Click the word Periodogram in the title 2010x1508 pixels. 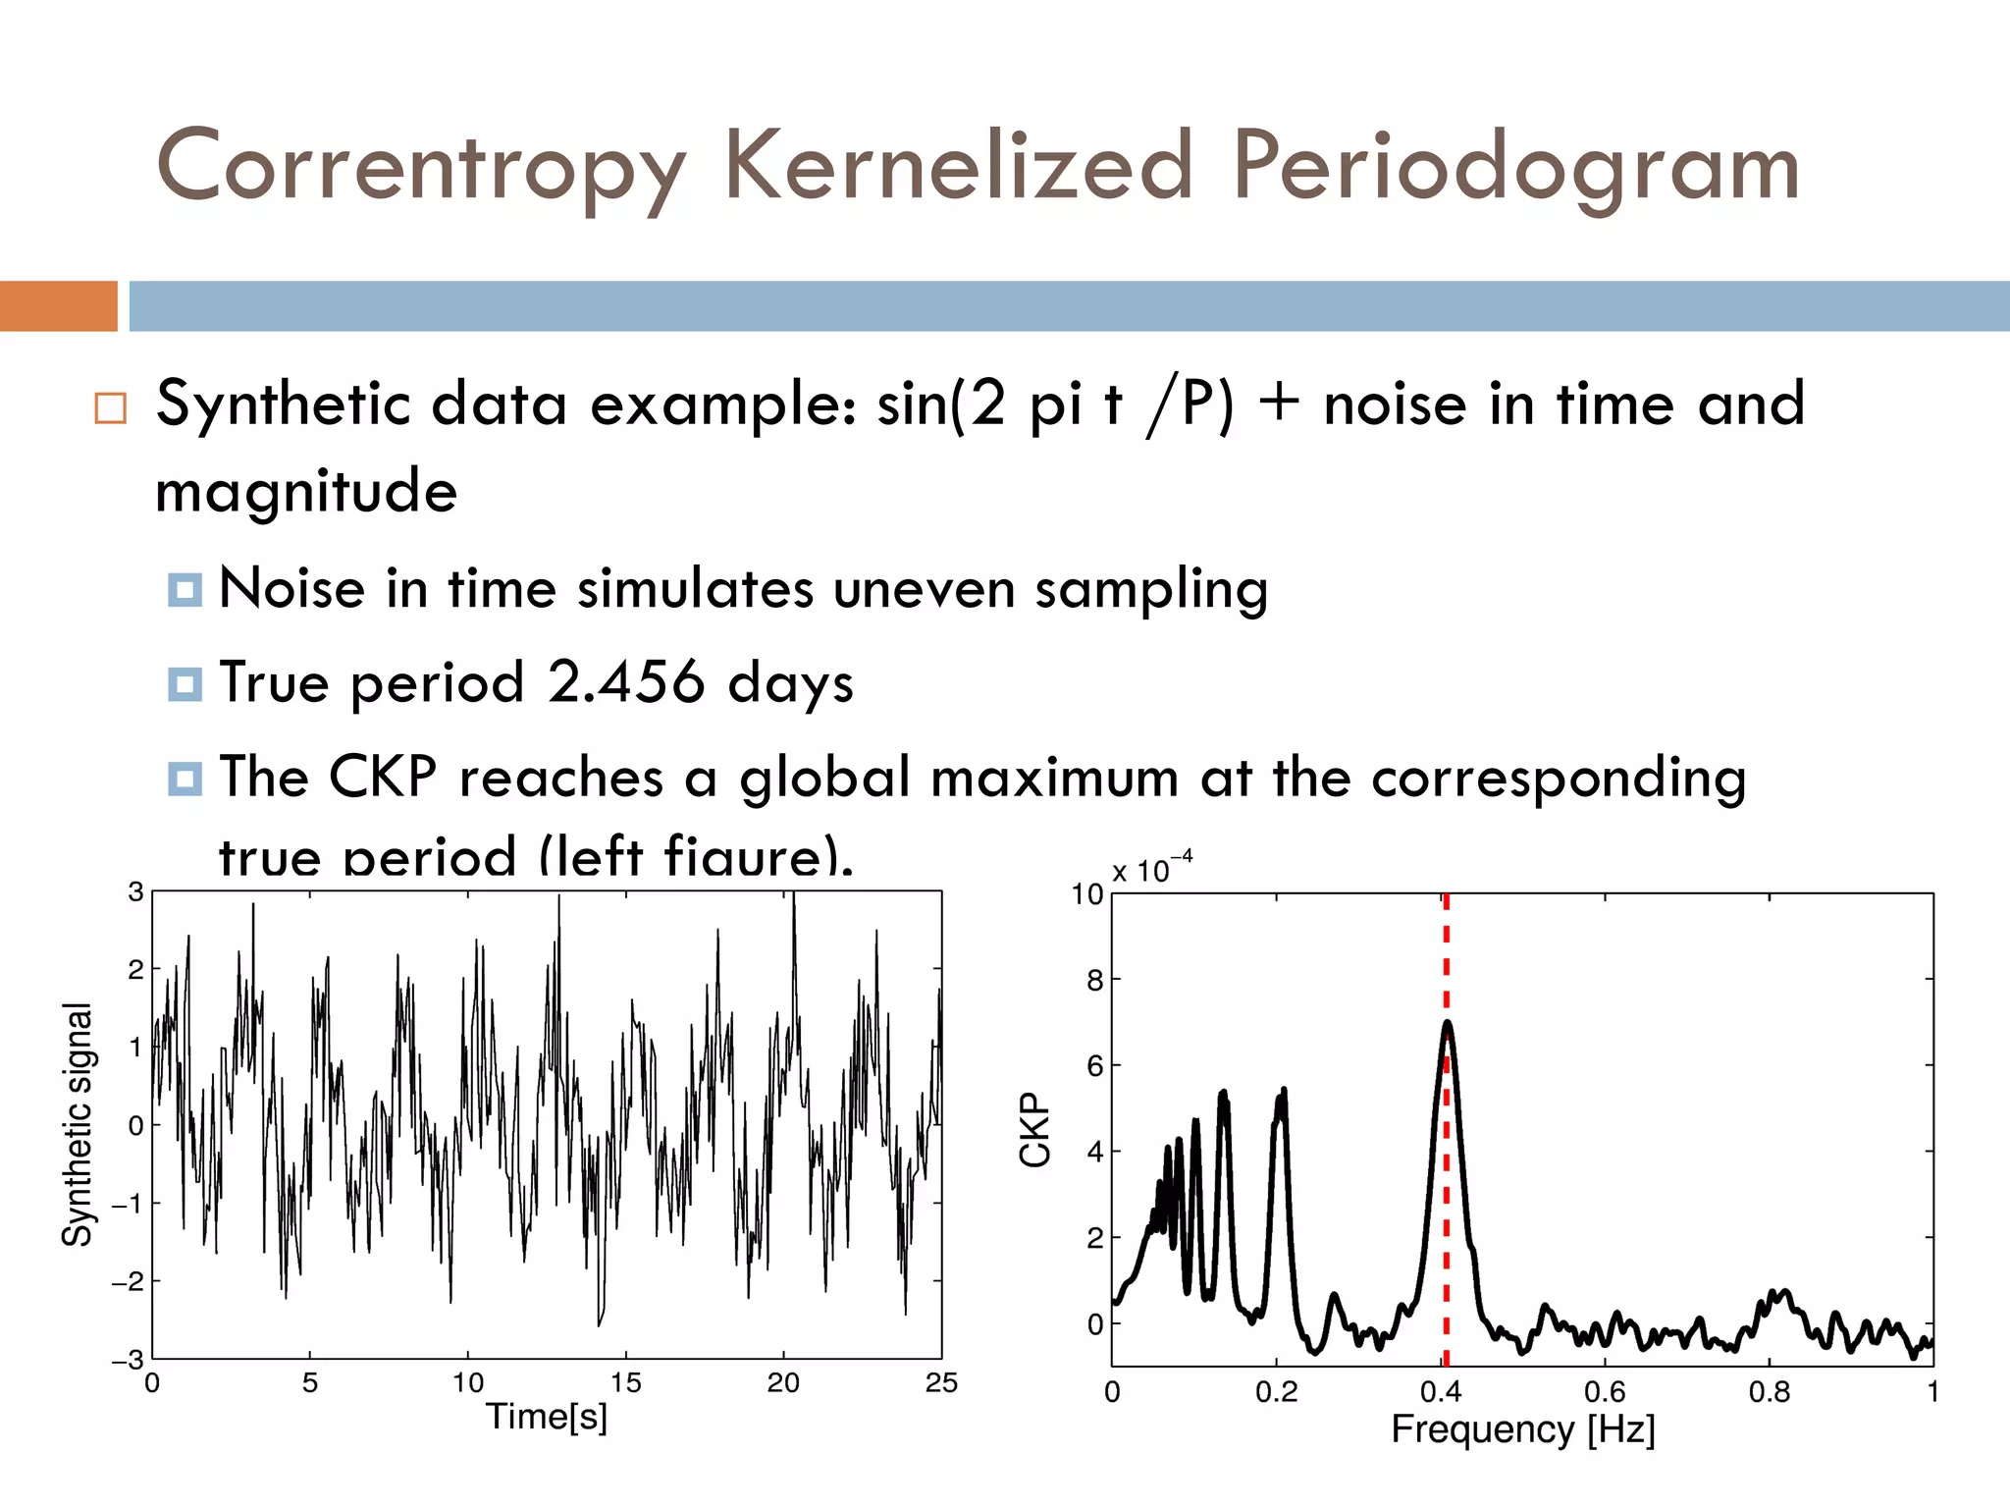(x=1515, y=167)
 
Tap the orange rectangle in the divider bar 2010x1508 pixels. (x=58, y=305)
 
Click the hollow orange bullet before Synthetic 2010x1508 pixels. (x=111, y=407)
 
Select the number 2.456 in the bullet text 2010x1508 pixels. (x=626, y=681)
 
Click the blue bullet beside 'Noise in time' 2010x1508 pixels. (x=185, y=590)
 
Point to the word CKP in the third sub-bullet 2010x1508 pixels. (x=383, y=777)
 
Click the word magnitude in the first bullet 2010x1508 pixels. (x=306, y=491)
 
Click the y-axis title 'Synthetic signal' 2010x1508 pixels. (x=78, y=1124)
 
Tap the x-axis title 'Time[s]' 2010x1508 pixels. (x=547, y=1416)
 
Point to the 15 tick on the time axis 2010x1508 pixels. (x=625, y=1382)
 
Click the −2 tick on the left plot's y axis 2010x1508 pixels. (x=128, y=1281)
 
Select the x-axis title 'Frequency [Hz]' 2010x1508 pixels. (x=1522, y=1428)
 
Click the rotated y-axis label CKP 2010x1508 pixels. (x=1035, y=1129)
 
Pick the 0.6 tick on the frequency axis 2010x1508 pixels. (x=1605, y=1391)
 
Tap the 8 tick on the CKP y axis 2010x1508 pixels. (x=1094, y=980)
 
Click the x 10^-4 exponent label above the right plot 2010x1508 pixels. (x=1151, y=869)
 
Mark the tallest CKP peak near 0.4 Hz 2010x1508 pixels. (x=1447, y=1024)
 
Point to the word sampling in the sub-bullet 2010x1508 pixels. (x=1150, y=590)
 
